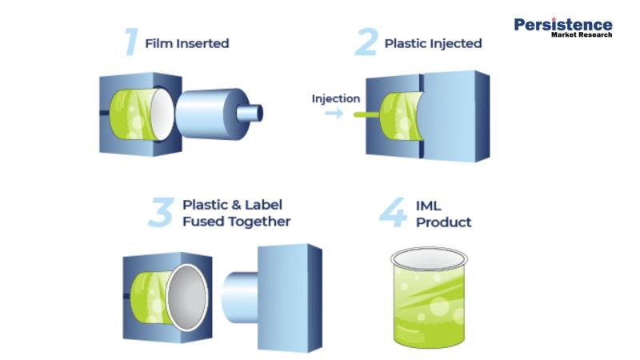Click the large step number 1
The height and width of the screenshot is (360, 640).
[x=130, y=42]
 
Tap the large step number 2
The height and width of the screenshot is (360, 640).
[x=366, y=42]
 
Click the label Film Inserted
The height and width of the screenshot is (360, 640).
[x=186, y=43]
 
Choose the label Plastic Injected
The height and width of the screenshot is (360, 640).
[x=433, y=43]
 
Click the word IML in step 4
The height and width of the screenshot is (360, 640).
[x=429, y=205]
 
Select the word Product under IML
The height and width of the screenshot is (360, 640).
[x=444, y=222]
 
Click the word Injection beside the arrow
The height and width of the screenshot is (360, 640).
[x=335, y=98]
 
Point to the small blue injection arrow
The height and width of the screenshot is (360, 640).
[x=334, y=114]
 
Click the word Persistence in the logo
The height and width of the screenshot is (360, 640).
[x=563, y=25]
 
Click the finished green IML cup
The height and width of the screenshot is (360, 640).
[x=430, y=308]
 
